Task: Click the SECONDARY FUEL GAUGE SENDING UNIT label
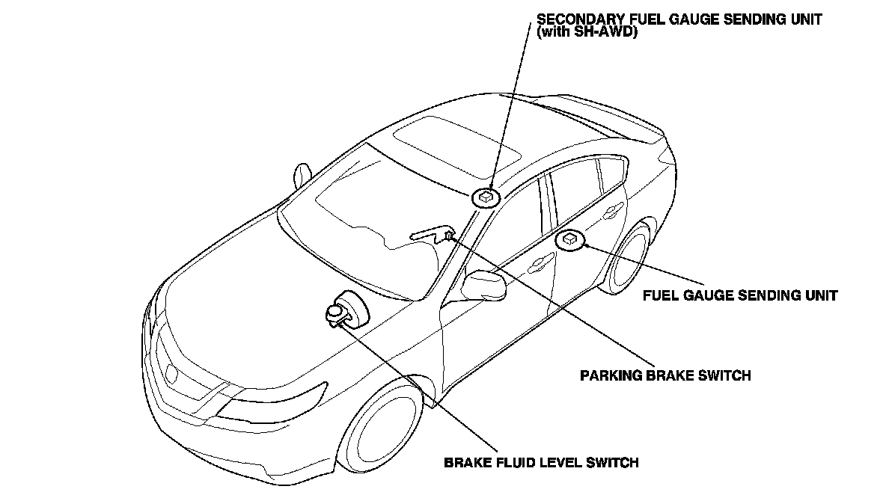point(679,20)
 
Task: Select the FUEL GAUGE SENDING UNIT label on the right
point(740,295)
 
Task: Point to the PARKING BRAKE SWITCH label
point(665,375)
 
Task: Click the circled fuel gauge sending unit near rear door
point(570,239)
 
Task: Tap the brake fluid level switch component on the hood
point(338,312)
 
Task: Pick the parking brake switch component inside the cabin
point(447,236)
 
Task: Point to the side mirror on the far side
point(302,175)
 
